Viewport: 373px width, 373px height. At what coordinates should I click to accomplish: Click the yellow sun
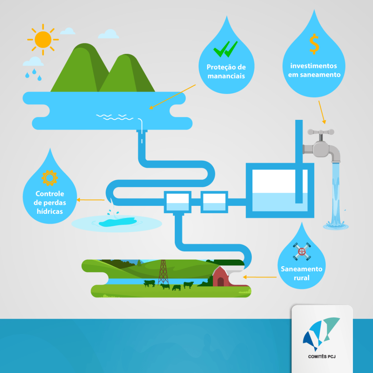pos(43,39)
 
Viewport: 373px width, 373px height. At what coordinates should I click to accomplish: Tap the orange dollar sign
pos(314,44)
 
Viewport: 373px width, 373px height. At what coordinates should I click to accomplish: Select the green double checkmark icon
pos(225,49)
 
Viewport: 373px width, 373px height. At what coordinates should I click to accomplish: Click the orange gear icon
pos(50,178)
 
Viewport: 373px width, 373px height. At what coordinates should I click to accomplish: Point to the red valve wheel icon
pos(302,251)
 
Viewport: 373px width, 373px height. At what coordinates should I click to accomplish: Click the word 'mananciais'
pos(226,76)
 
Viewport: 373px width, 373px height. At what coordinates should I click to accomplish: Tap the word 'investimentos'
pos(314,66)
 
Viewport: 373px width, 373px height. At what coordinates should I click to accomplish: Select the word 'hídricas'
pos(50,211)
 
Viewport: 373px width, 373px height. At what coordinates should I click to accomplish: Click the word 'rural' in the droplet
pos(302,278)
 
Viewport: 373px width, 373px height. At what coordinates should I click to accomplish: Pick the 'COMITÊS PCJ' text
pos(322,356)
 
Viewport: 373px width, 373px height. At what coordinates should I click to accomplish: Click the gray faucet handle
pos(321,132)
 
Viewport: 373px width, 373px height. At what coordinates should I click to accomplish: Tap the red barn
pos(221,276)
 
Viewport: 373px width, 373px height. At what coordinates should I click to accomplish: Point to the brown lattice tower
pos(163,272)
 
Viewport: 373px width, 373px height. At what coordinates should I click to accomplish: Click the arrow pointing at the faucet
pos(322,112)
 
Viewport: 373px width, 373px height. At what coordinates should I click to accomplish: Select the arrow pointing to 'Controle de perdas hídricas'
pos(90,200)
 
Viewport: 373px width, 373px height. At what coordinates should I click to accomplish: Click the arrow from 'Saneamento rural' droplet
pos(259,277)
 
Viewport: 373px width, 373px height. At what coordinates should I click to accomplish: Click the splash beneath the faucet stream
pos(335,225)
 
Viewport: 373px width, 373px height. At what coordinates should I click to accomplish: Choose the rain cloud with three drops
pos(33,68)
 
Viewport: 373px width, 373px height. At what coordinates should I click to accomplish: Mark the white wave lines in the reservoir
pos(114,117)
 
